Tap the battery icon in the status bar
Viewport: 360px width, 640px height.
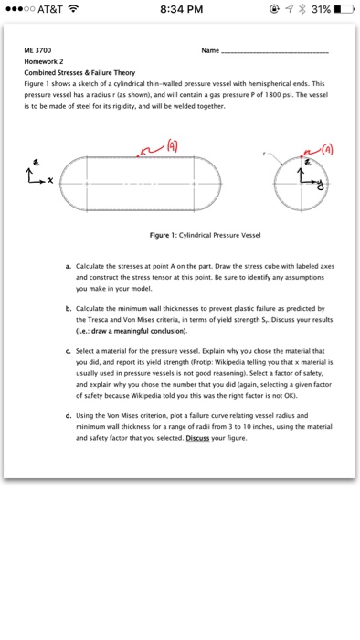(344, 9)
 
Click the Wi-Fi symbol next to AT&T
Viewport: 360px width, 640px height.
(73, 8)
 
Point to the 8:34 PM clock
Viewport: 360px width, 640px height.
(182, 9)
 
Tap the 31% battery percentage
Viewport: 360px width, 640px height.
(321, 9)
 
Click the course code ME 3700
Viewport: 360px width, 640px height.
(37, 50)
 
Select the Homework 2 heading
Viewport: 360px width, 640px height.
(44, 61)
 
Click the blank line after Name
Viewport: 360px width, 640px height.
(274, 52)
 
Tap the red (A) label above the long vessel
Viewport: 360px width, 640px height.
(171, 146)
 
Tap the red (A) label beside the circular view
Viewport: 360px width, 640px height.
(327, 149)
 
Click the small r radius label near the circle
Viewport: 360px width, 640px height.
(264, 154)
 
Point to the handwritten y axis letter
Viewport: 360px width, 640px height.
(320, 186)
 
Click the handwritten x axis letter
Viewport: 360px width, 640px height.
(49, 180)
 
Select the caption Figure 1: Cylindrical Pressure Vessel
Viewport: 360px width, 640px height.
(205, 235)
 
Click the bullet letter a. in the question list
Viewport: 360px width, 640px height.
(69, 267)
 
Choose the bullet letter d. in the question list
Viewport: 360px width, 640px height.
(69, 416)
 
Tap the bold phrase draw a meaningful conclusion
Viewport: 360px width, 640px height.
(139, 331)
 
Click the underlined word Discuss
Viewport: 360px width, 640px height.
(197, 438)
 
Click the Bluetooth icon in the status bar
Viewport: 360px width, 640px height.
(302, 9)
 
